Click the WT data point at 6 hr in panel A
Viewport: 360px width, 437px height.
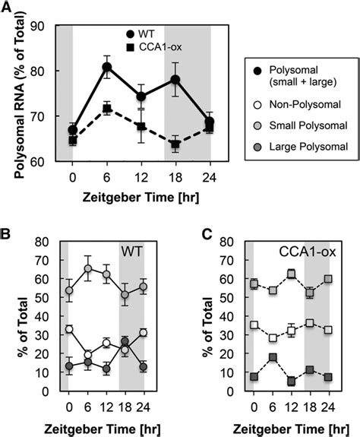tap(106, 67)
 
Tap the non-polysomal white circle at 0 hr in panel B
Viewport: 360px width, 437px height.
tap(69, 329)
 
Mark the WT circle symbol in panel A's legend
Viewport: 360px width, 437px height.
tap(132, 34)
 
